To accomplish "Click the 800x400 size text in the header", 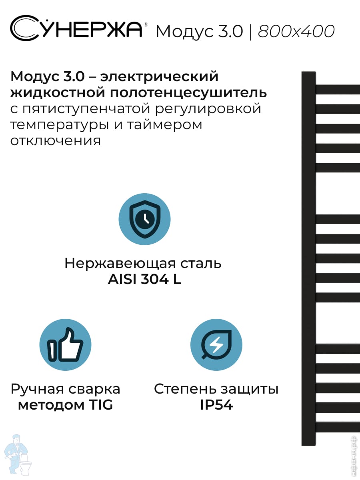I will (296, 31).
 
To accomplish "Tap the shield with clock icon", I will (144, 219).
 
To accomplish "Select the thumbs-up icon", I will (65, 345).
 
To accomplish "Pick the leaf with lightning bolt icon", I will (216, 345).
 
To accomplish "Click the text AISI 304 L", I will (144, 280).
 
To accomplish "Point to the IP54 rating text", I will (216, 405).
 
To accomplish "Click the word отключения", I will (56, 141).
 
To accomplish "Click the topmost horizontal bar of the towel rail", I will (338, 89).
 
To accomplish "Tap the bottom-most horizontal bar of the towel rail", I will (338, 427).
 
